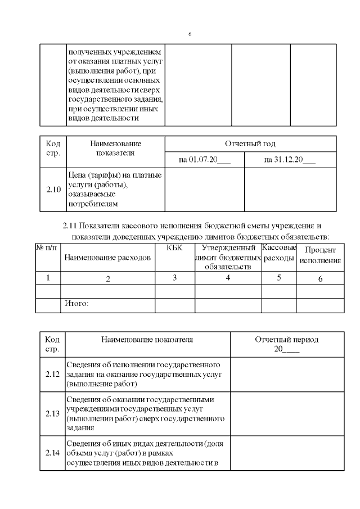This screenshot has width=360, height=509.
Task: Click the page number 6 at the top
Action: pyautogui.click(x=190, y=34)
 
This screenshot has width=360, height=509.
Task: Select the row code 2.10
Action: pyautogui.click(x=53, y=190)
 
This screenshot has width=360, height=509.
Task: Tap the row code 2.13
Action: pyautogui.click(x=52, y=413)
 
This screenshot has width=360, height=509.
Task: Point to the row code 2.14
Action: pyautogui.click(x=52, y=453)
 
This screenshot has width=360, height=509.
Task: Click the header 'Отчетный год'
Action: pyautogui.click(x=250, y=143)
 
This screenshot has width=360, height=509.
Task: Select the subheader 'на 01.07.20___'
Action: pyautogui.click(x=204, y=160)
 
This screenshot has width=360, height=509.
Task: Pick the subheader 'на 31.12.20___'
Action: pyautogui.click(x=290, y=160)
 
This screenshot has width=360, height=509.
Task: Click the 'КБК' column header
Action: pyautogui.click(x=175, y=248)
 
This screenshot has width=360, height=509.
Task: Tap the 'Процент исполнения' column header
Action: pyautogui.click(x=320, y=255)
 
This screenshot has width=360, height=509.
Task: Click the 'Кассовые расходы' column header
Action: pyautogui.click(x=279, y=253)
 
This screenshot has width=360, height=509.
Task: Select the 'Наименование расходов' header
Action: pyautogui.click(x=107, y=258)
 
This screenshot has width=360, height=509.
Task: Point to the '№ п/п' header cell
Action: pyautogui.click(x=47, y=248)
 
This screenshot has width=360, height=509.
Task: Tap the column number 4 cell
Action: pyautogui.click(x=228, y=278)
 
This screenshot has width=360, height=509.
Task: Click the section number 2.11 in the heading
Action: pyautogui.click(x=70, y=226)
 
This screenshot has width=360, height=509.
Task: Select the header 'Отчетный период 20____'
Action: pyautogui.click(x=286, y=344)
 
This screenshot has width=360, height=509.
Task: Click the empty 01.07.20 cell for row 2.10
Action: pyautogui.click(x=204, y=190)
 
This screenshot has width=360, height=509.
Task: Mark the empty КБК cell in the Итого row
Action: pyautogui.click(x=175, y=305)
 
